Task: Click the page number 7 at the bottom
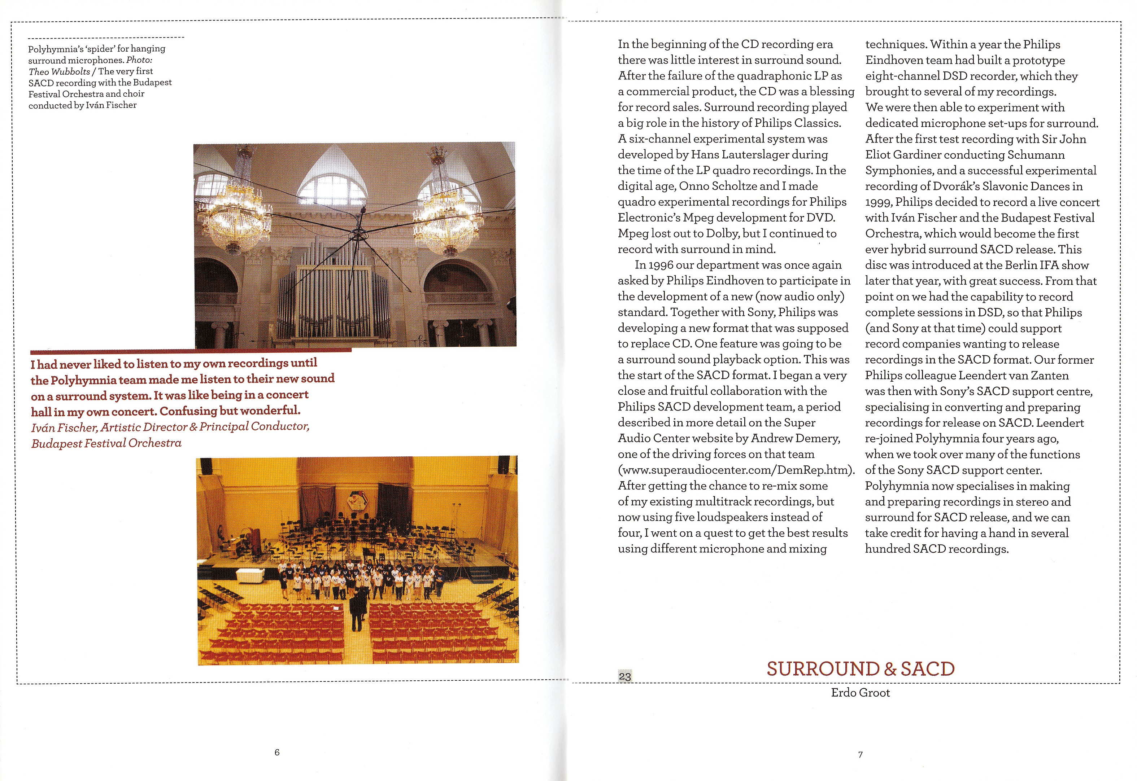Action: [861, 755]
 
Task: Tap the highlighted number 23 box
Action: [625, 676]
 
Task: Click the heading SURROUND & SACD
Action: [861, 669]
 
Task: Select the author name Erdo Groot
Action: [861, 692]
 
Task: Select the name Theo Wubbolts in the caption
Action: [59, 71]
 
